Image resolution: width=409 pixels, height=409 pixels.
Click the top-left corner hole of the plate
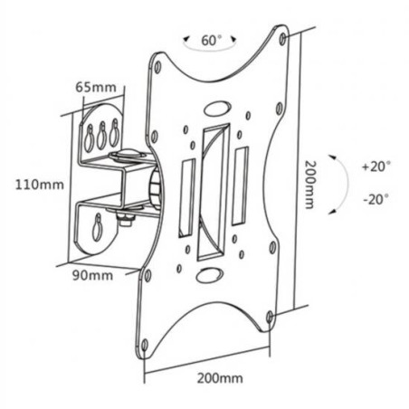pos(158,67)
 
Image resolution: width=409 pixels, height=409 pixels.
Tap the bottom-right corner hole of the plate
pos(269,316)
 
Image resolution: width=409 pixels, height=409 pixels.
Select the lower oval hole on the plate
pos(207,276)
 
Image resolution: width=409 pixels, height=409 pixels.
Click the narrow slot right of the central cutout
pos(240,188)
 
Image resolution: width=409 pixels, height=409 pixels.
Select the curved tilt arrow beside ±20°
pos(341,184)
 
